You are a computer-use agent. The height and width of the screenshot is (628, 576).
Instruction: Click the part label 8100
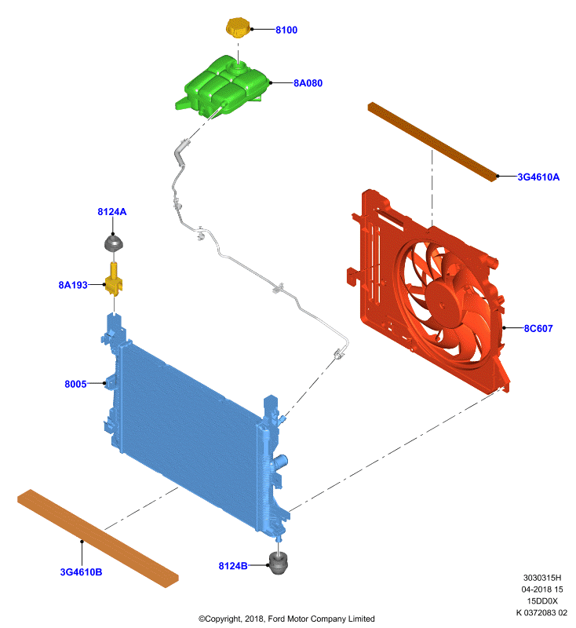tap(286, 30)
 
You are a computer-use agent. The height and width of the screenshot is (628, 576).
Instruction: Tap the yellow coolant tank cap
tap(238, 27)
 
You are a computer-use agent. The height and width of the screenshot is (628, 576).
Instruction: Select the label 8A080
tap(308, 83)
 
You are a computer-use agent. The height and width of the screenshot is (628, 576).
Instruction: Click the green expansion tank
tap(222, 87)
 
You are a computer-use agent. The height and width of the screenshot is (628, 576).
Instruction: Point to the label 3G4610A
tap(538, 177)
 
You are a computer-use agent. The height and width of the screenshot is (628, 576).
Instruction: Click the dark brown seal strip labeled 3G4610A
tap(432, 142)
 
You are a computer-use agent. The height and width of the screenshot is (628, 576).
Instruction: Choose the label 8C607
tap(538, 328)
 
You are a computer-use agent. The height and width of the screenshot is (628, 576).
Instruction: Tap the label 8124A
tap(112, 211)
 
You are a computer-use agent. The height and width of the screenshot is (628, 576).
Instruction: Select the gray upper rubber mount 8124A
tap(114, 243)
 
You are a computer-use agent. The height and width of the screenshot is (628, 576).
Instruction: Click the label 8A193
tap(73, 285)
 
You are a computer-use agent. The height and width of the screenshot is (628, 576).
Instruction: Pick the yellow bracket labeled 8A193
tap(114, 279)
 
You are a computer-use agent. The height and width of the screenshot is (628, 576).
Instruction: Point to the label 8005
tap(75, 384)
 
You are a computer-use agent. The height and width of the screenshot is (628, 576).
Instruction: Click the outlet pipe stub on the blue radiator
tap(280, 462)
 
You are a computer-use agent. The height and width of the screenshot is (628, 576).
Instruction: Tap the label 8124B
tap(233, 566)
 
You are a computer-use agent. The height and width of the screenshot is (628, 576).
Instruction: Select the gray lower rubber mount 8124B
tap(279, 562)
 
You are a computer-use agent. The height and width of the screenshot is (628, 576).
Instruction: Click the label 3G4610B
tap(82, 572)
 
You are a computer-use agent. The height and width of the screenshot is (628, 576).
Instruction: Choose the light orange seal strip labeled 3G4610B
tap(98, 539)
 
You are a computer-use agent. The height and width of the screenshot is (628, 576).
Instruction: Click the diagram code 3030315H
tap(542, 578)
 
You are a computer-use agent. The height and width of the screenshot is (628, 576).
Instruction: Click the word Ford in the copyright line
tap(277, 619)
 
